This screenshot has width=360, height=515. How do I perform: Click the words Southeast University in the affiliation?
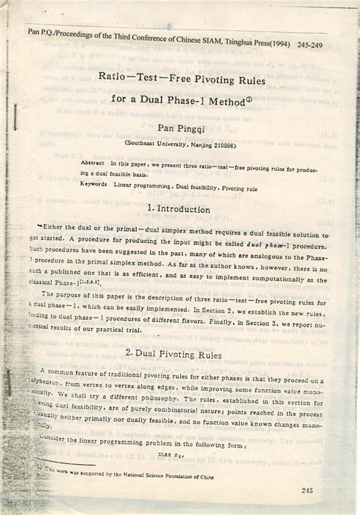click(155, 143)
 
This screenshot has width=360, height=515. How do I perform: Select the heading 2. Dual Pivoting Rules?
click(182, 354)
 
